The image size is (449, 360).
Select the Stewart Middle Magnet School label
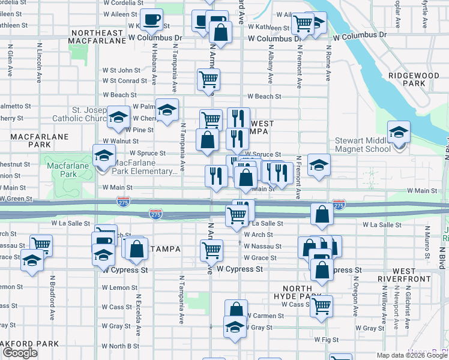point(361,145)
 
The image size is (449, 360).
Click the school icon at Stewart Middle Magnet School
point(398,133)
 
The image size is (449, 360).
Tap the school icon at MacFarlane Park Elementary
point(104,156)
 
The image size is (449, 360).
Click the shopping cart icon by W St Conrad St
point(208,79)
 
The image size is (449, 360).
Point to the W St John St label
point(121,70)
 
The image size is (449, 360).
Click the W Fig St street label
point(327,339)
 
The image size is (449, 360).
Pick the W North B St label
point(120,346)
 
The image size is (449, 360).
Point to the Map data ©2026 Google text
point(412,355)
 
